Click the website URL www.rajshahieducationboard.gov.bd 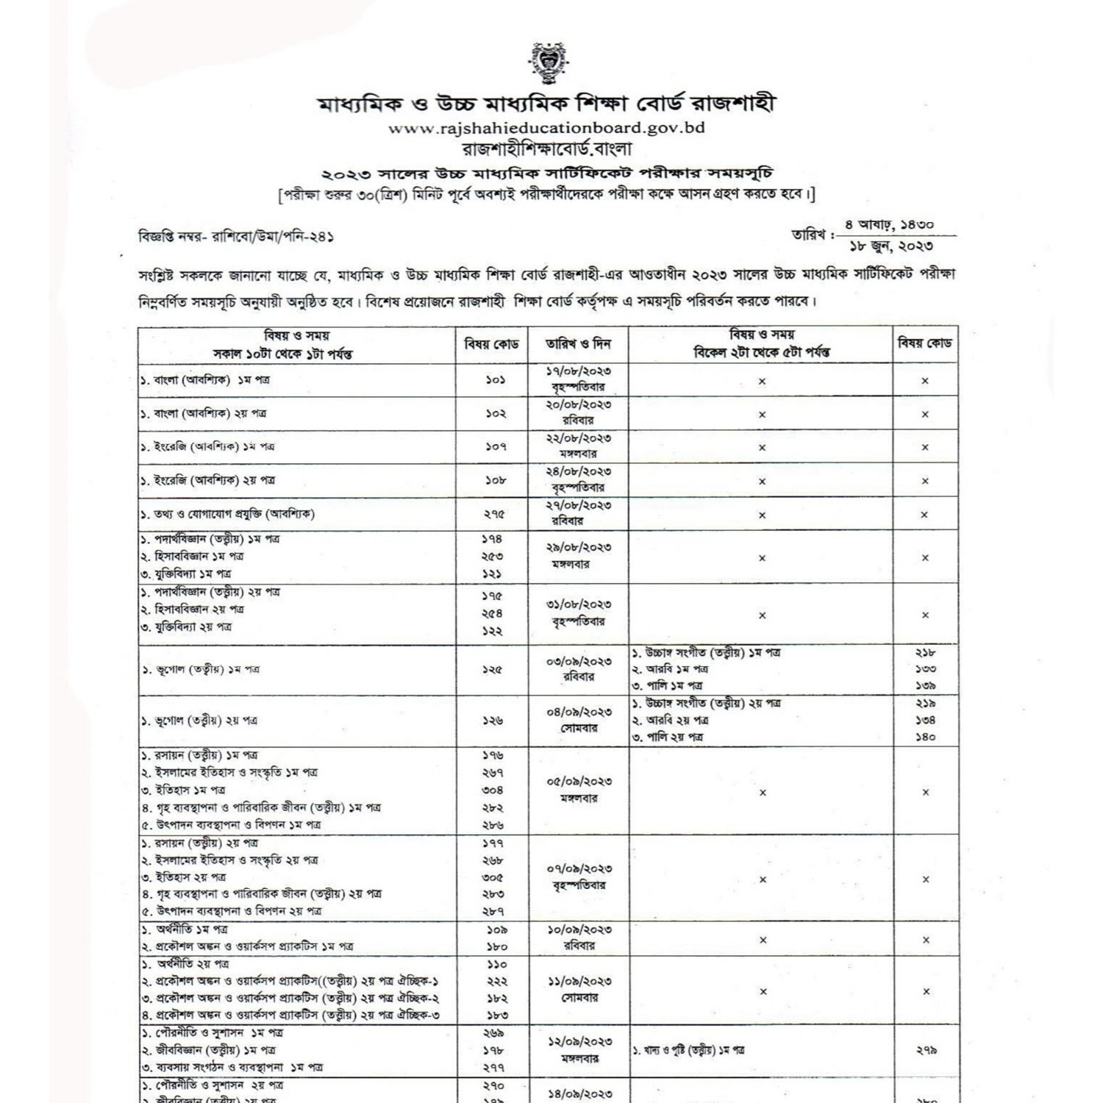(x=546, y=128)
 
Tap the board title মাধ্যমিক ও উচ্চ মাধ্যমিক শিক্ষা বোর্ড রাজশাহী (x=546, y=103)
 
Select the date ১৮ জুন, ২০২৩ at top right (x=891, y=246)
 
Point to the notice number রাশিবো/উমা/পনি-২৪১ (x=273, y=237)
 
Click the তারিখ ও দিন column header (x=578, y=344)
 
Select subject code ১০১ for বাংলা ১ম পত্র (x=495, y=380)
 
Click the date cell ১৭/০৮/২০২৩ (x=579, y=372)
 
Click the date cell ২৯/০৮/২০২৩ (x=579, y=548)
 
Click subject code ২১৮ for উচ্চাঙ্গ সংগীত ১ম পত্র (x=925, y=652)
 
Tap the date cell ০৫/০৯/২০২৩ (x=579, y=782)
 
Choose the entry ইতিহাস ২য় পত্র (x=184, y=877)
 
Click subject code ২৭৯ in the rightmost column (x=926, y=1051)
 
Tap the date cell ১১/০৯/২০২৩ (x=579, y=982)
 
